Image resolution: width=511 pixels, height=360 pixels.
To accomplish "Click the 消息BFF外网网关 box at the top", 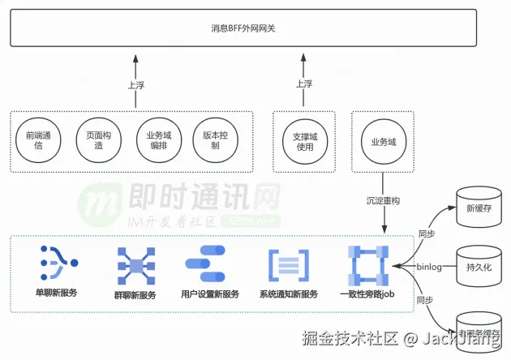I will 255,28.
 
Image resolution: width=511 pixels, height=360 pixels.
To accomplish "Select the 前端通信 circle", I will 39,141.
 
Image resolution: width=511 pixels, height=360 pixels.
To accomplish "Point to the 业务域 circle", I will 383,142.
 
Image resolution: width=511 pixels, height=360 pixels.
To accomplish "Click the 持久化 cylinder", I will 479,266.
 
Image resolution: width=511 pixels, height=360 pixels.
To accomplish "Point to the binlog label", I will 429,266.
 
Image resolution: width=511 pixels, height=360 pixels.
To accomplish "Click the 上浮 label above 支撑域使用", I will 303,83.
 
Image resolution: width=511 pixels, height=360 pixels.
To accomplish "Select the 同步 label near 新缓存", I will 426,234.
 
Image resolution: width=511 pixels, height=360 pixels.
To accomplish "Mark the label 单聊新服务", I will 56,293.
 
